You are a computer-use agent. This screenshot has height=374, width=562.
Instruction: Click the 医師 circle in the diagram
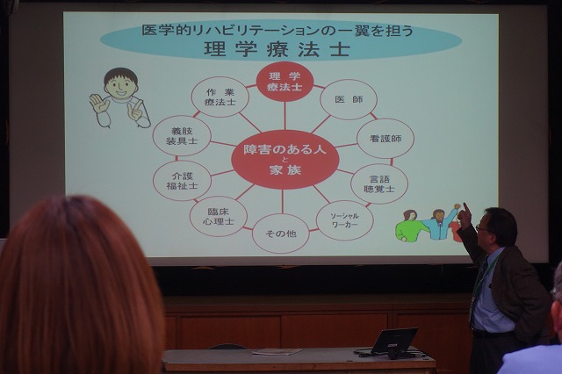pyautogui.click(x=349, y=99)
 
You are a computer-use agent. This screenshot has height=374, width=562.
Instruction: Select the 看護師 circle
pyautogui.click(x=385, y=139)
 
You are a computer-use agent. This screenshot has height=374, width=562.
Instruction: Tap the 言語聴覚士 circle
pyautogui.click(x=379, y=183)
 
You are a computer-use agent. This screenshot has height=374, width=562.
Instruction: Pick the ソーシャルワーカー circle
pyautogui.click(x=344, y=220)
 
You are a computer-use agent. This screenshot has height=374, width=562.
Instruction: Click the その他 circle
pyautogui.click(x=281, y=234)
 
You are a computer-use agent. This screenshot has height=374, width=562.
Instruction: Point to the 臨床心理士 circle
pyautogui.click(x=219, y=216)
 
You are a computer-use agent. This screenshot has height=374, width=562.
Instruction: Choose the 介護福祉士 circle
pyautogui.click(x=182, y=181)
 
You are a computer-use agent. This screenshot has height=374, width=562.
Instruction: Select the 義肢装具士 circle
pyautogui.click(x=182, y=136)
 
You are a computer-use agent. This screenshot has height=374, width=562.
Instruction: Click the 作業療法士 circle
pyautogui.click(x=220, y=97)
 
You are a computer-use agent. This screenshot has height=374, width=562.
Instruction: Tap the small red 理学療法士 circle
pyautogui.click(x=285, y=82)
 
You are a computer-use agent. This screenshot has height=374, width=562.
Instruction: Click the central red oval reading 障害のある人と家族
pyautogui.click(x=285, y=160)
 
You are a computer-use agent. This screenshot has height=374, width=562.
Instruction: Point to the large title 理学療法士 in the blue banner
pyautogui.click(x=277, y=49)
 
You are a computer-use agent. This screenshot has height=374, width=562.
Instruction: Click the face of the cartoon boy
pyautogui.click(x=120, y=85)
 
